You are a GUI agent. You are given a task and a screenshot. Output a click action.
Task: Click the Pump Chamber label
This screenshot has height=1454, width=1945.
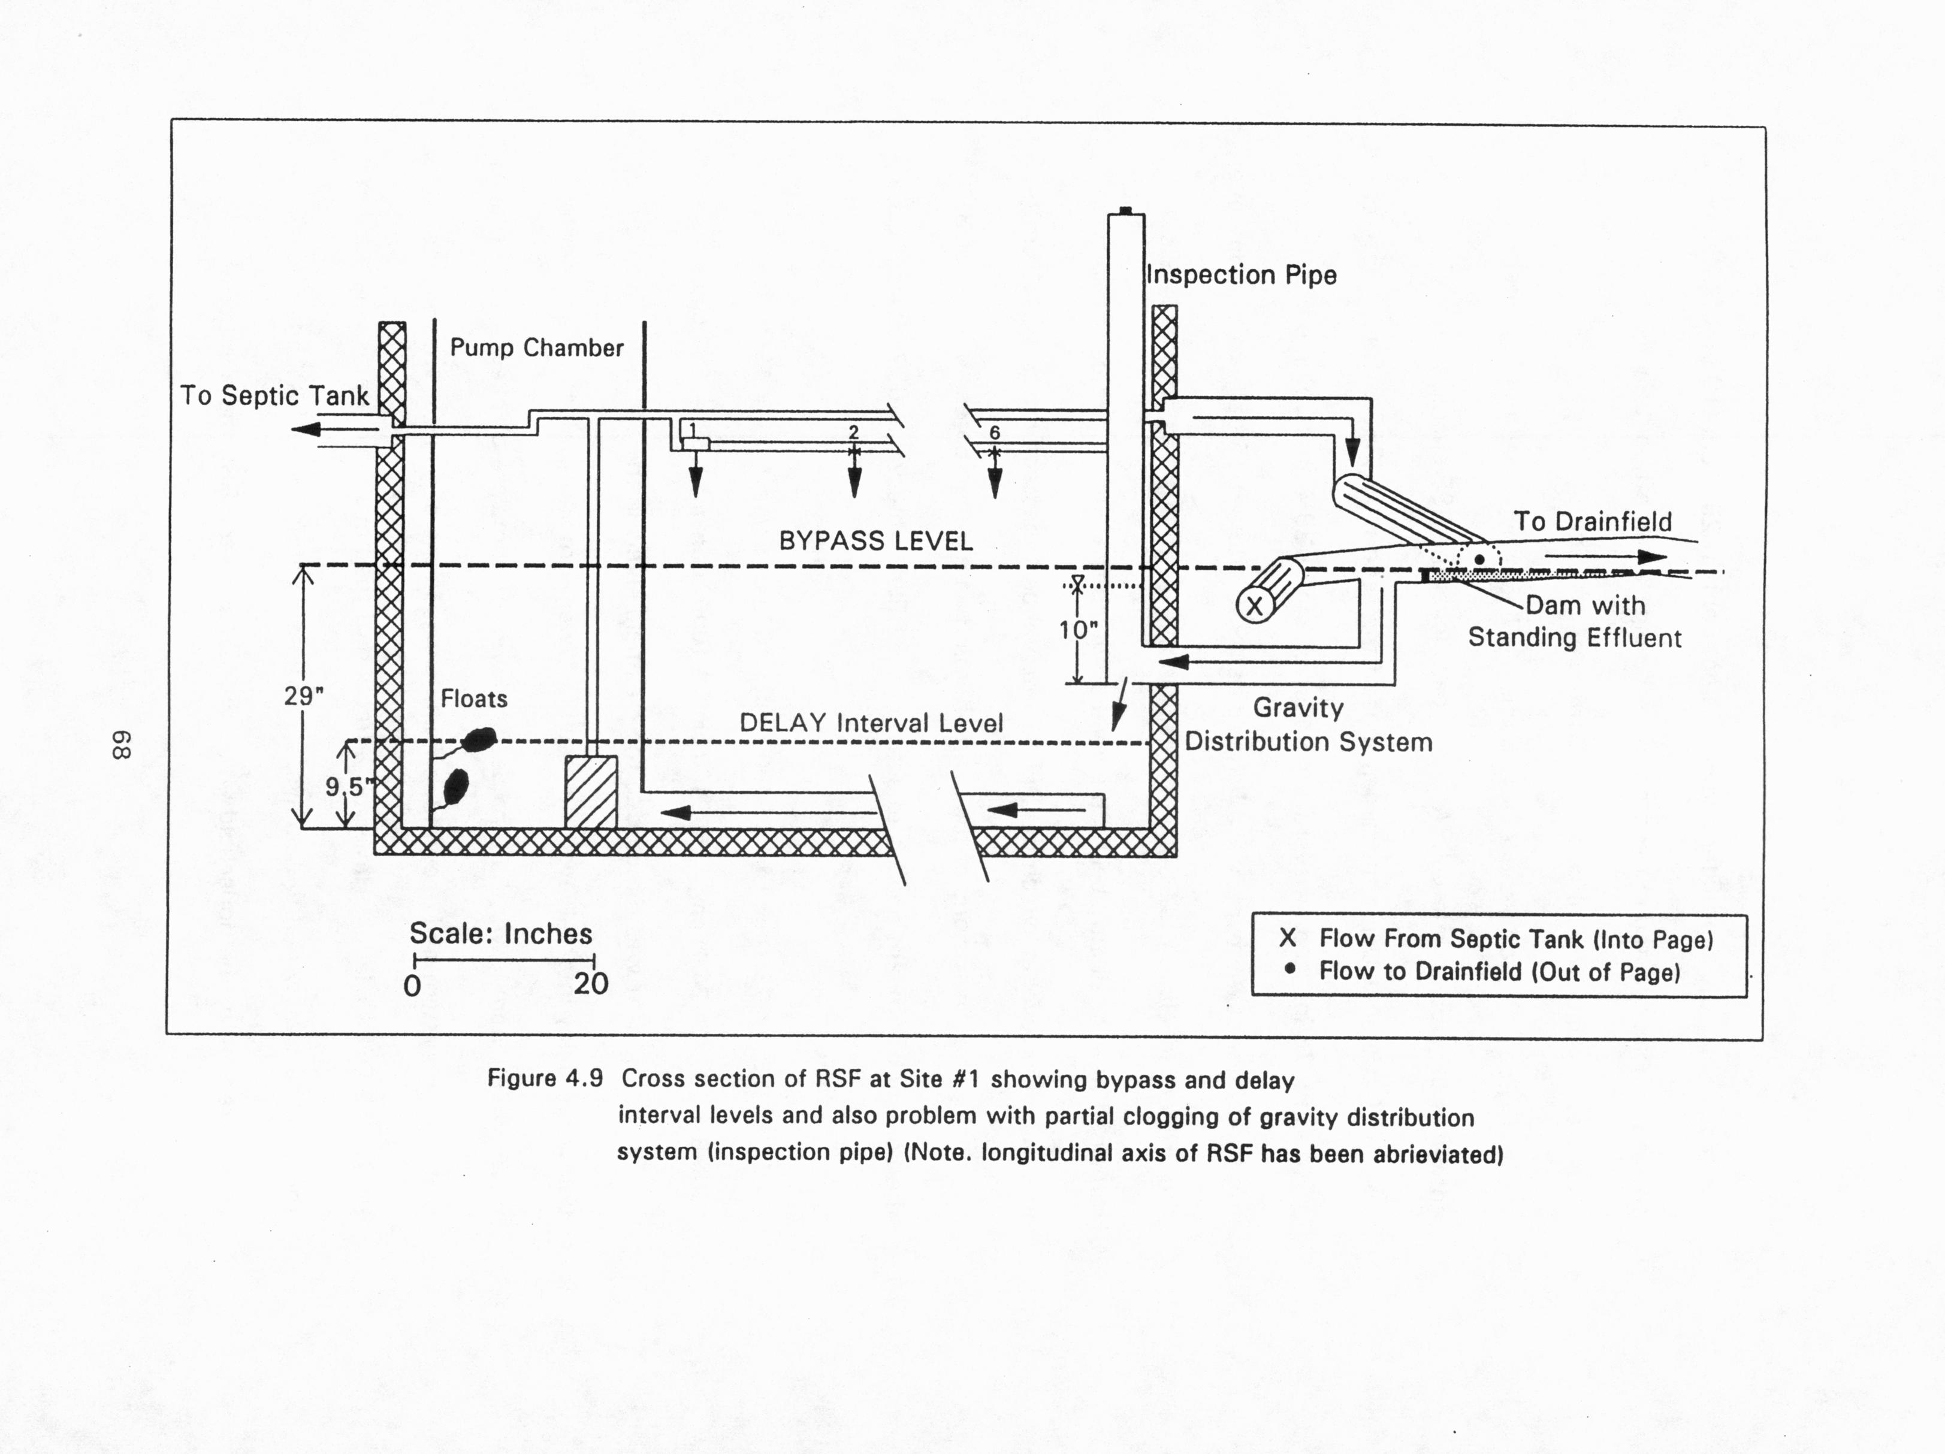click(x=536, y=348)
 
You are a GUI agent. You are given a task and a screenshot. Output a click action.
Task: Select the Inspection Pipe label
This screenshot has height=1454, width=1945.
click(x=1242, y=275)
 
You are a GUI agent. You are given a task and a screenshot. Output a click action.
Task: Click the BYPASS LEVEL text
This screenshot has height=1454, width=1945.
click(x=876, y=540)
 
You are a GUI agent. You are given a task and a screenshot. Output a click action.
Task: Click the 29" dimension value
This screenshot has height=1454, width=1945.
click(x=303, y=696)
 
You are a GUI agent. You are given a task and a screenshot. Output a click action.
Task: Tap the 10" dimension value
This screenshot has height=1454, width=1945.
click(x=1078, y=630)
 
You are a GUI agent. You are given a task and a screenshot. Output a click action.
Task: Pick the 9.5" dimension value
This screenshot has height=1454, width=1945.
click(x=345, y=786)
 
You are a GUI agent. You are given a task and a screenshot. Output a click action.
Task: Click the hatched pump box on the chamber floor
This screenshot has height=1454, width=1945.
click(x=590, y=791)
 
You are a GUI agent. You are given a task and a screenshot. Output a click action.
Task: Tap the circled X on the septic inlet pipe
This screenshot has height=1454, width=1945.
click(x=1255, y=606)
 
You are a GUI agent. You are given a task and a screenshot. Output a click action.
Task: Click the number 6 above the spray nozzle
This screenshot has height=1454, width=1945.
click(x=995, y=433)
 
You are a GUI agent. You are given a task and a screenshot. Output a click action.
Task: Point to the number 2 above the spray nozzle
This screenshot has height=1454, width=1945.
click(x=853, y=433)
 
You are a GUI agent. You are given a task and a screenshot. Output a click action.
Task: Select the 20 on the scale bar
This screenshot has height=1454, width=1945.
click(x=591, y=984)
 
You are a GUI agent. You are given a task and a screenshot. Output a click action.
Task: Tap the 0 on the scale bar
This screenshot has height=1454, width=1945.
click(x=412, y=986)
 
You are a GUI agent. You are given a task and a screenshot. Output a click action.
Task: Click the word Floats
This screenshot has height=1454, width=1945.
click(x=474, y=699)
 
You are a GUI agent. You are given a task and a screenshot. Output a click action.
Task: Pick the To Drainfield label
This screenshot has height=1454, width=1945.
click(x=1593, y=521)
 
